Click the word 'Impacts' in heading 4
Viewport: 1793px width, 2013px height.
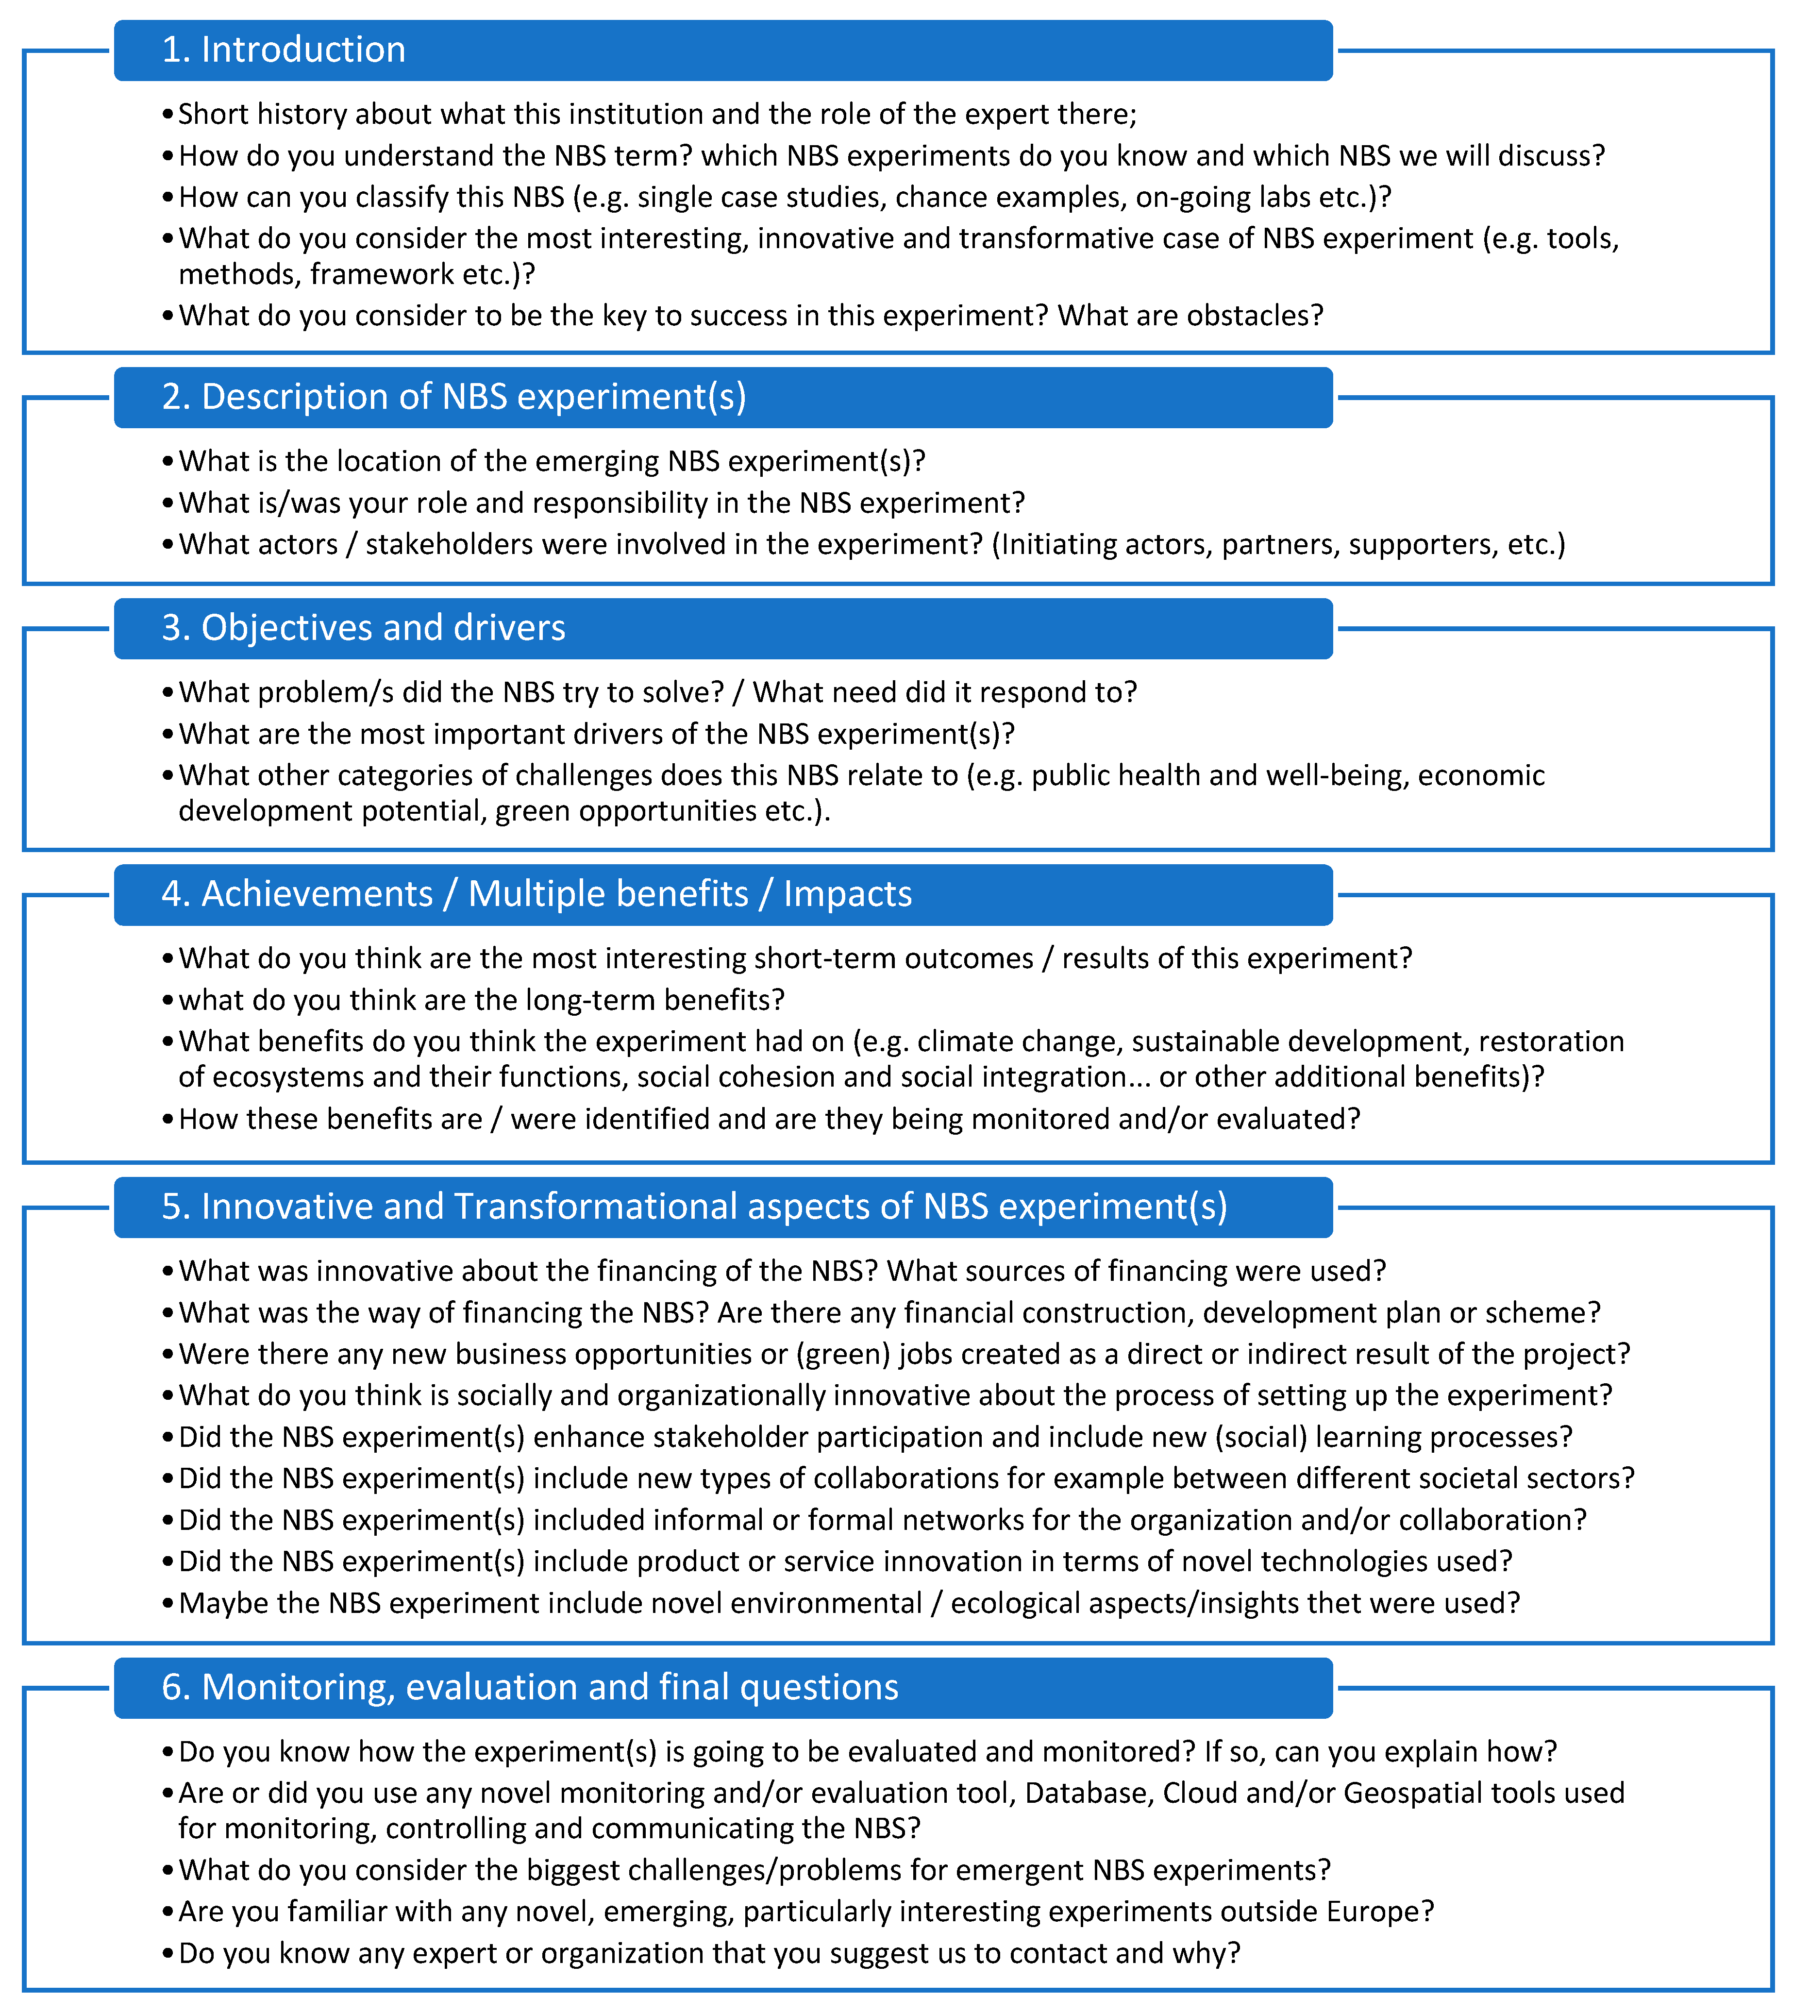pyautogui.click(x=847, y=894)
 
